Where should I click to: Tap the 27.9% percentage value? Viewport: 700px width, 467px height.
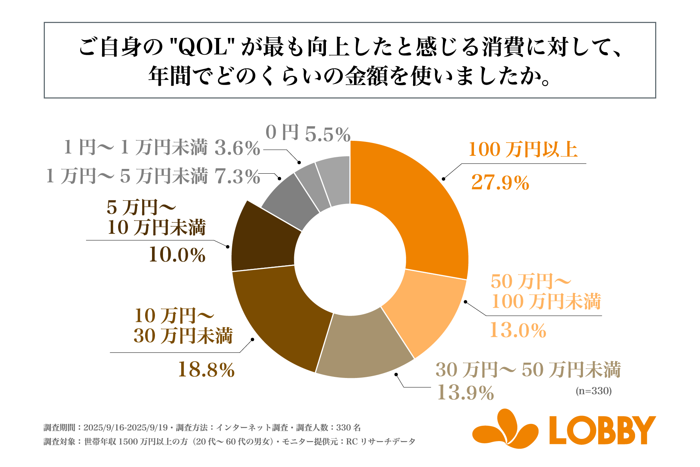(500, 182)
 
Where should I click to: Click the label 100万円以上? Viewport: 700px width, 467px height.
(523, 150)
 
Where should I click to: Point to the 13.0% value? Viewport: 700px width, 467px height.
(518, 330)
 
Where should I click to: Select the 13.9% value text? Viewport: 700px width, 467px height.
(465, 393)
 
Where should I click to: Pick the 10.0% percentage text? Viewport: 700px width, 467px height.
(177, 255)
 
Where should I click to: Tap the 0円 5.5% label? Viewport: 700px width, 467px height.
(308, 133)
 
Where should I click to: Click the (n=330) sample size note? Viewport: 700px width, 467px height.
(594, 391)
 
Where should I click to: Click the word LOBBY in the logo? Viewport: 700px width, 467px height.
(602, 431)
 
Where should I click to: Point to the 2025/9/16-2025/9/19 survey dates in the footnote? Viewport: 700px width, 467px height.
(125, 428)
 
